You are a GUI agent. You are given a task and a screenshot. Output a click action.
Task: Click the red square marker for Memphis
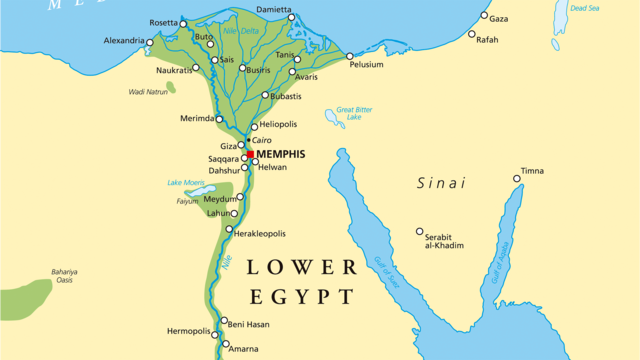[x=250, y=155]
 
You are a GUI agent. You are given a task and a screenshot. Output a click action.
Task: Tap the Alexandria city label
[x=124, y=41]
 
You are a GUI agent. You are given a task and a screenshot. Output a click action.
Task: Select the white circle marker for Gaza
[x=485, y=16]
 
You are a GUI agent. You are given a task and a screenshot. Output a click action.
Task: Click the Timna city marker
[x=517, y=179]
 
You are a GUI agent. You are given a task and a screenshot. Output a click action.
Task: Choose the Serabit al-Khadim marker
[x=419, y=232]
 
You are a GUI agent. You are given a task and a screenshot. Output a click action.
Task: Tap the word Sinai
[x=441, y=183]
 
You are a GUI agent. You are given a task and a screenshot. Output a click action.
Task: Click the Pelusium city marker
[x=350, y=56]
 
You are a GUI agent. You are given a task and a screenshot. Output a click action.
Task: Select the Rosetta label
[x=161, y=23]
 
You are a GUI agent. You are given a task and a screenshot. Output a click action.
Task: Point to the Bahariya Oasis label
[x=65, y=276]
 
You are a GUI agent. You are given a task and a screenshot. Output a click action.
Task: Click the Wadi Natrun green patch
[x=171, y=87]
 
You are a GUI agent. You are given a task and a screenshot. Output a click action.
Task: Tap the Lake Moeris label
[x=186, y=182]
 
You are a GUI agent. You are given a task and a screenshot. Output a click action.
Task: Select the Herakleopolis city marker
[x=229, y=232]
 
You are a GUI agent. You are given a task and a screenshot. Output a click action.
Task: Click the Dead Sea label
[x=583, y=8]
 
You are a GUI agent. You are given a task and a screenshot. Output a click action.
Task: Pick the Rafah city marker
[x=472, y=34]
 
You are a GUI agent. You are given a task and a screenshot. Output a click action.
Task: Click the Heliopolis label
[x=281, y=126]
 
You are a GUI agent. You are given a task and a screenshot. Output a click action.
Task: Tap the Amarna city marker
[x=221, y=348]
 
